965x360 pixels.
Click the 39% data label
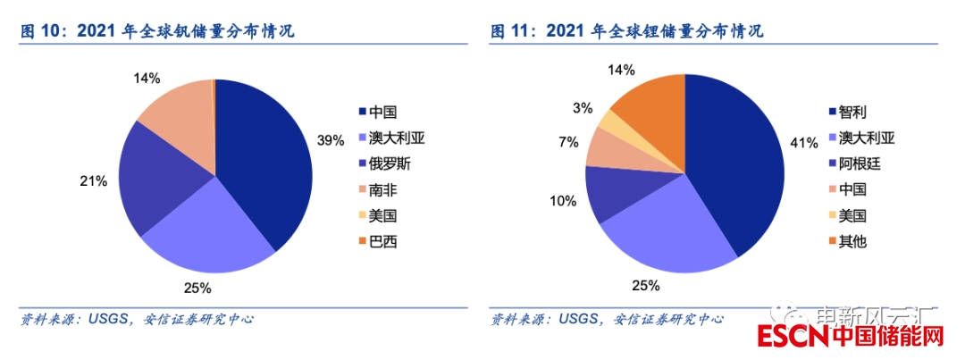330,140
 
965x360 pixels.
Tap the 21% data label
93,180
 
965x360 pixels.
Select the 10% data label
562,201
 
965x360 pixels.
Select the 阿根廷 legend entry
861,163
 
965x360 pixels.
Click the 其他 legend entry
854,241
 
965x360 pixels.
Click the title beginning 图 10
157,32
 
